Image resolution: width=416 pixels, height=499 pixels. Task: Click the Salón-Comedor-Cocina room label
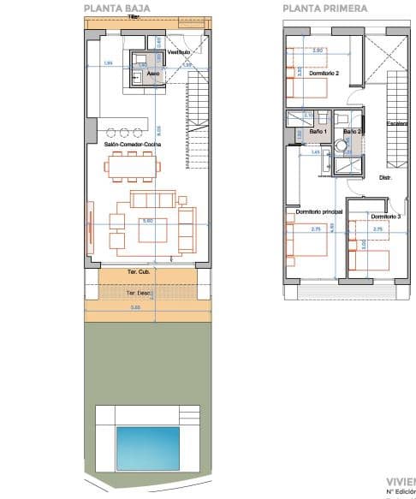pos(133,145)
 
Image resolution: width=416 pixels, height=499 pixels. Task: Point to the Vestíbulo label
pos(178,52)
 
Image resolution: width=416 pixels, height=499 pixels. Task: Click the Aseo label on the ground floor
pos(152,74)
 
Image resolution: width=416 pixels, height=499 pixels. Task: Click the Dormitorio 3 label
pos(385,217)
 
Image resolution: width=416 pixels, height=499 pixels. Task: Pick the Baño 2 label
pos(352,132)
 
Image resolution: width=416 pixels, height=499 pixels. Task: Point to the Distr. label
pos(385,178)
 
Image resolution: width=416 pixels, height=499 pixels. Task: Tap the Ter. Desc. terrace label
pos(138,293)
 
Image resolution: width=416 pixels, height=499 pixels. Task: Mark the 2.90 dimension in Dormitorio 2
pos(318,50)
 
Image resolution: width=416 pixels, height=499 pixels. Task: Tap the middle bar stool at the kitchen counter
pos(126,132)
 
